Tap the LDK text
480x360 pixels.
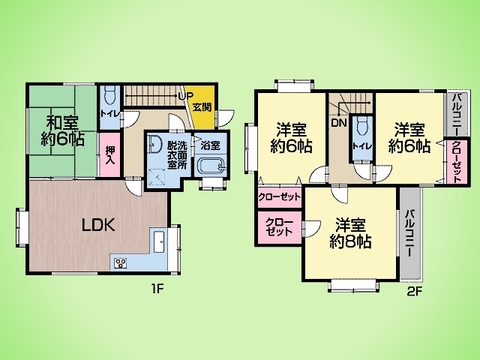point(98,225)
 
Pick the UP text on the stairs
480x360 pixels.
point(184,96)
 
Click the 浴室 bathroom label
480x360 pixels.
point(209,145)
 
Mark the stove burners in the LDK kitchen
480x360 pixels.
point(122,263)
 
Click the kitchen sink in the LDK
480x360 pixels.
point(158,241)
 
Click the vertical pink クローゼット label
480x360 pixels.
point(456,159)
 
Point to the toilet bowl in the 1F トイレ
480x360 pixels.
point(111,96)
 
